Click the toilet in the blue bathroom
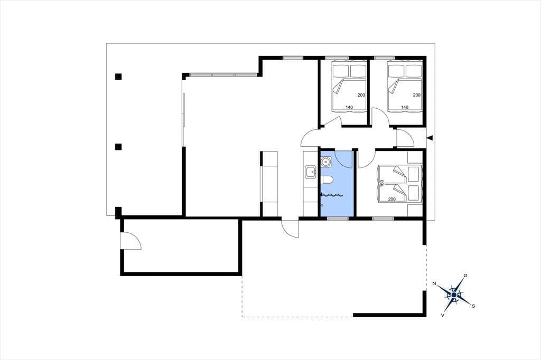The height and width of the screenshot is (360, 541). tap(326, 180)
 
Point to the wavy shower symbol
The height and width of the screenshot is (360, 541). tap(332, 195)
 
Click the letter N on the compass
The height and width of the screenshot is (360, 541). tap(434, 284)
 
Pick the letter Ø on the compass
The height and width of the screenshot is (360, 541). tap(466, 276)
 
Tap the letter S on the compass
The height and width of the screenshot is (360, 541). tap(473, 306)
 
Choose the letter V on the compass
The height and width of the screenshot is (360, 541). tap(443, 315)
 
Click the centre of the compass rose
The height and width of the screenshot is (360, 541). tap(454, 295)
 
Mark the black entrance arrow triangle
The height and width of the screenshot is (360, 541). tap(430, 138)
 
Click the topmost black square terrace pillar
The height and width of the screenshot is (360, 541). tap(119, 77)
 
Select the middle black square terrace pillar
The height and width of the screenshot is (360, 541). tap(119, 147)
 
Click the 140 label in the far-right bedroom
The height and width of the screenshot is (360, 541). tap(405, 107)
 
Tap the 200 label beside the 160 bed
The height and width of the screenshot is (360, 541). tap(392, 199)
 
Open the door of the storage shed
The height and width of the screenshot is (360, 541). tap(130, 240)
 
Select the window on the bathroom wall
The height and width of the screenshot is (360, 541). tap(338, 219)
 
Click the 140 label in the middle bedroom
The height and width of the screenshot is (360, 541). tap(349, 107)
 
